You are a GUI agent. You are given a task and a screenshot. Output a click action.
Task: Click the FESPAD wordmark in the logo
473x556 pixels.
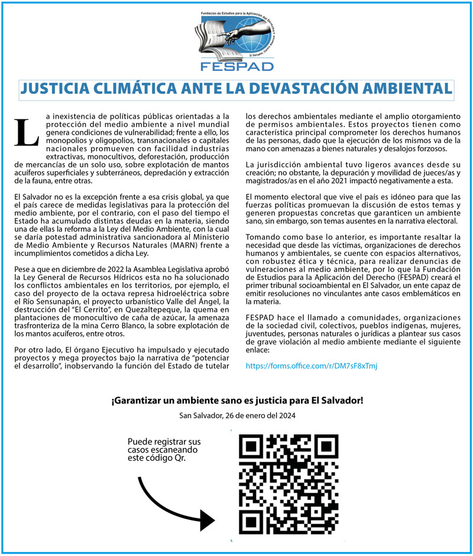coord(237,65)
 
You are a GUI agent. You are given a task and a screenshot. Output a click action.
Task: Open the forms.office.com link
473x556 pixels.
coord(311,366)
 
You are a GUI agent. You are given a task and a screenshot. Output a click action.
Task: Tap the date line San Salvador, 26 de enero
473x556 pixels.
coord(237,416)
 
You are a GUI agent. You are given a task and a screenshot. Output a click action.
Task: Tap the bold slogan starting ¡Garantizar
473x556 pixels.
coord(237,401)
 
